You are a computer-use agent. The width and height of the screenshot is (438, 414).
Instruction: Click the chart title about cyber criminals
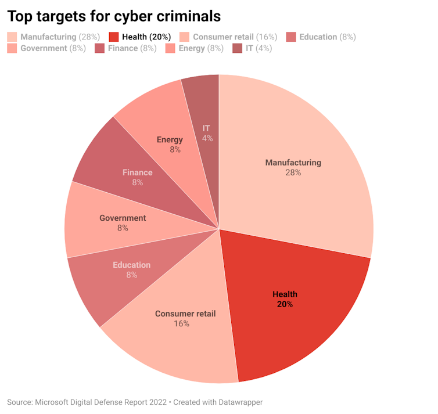coord(114,16)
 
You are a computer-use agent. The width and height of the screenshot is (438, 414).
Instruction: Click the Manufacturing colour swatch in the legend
coord(12,37)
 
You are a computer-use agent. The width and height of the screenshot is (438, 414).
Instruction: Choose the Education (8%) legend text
coord(327,37)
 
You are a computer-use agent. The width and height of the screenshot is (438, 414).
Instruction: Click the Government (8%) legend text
coord(53,48)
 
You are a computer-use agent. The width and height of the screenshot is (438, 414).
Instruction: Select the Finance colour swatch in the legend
coord(99,48)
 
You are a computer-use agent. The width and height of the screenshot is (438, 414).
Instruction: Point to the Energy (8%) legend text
coord(200,48)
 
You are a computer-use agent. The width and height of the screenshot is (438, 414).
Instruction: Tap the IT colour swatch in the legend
coord(236,48)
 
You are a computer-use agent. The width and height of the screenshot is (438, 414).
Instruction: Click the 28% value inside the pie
coord(293,172)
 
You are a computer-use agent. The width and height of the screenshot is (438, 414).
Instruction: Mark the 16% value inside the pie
coord(181,323)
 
